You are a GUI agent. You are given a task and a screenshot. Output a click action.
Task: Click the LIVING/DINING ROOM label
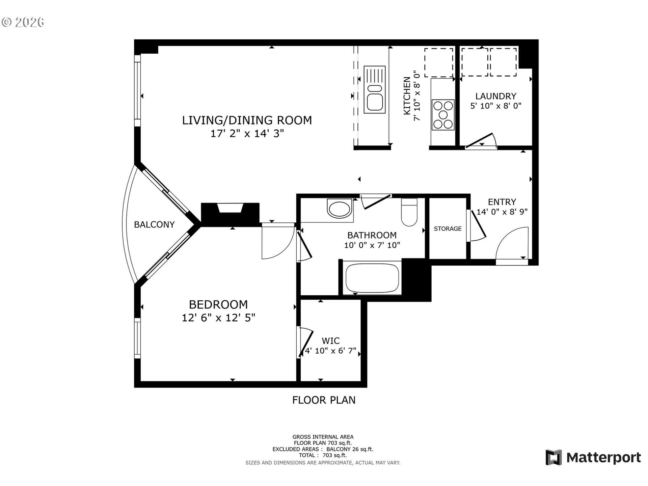[x=247, y=120]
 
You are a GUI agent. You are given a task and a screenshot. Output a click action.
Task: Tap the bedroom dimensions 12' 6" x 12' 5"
[x=218, y=318]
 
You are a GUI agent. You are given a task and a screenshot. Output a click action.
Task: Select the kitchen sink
[x=375, y=90]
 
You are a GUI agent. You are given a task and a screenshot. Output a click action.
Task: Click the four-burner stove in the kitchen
[x=443, y=115]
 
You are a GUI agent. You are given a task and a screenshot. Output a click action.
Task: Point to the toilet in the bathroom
[x=409, y=213]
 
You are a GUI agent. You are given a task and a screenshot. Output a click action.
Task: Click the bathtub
[x=372, y=278]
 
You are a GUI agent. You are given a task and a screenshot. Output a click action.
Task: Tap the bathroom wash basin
[x=340, y=209]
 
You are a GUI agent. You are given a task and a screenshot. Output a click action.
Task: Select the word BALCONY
[x=154, y=225]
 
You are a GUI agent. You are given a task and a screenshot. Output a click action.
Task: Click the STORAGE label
[x=448, y=229]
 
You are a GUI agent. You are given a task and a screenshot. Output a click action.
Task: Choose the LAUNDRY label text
[x=496, y=96]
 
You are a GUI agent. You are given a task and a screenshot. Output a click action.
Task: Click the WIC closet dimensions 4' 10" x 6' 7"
[x=331, y=351]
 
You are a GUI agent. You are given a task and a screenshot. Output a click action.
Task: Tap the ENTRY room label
[x=502, y=202]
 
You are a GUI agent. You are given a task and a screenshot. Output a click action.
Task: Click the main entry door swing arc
[x=510, y=244]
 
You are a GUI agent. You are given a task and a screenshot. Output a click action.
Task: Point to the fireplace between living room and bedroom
[x=230, y=213]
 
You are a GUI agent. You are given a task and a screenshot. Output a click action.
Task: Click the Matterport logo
[x=593, y=458]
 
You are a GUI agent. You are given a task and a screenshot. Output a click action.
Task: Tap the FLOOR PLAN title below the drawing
[x=324, y=400]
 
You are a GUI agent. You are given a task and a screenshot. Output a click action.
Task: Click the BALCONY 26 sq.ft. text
[x=350, y=449]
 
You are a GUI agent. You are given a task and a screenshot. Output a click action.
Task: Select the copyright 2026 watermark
[x=23, y=22]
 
